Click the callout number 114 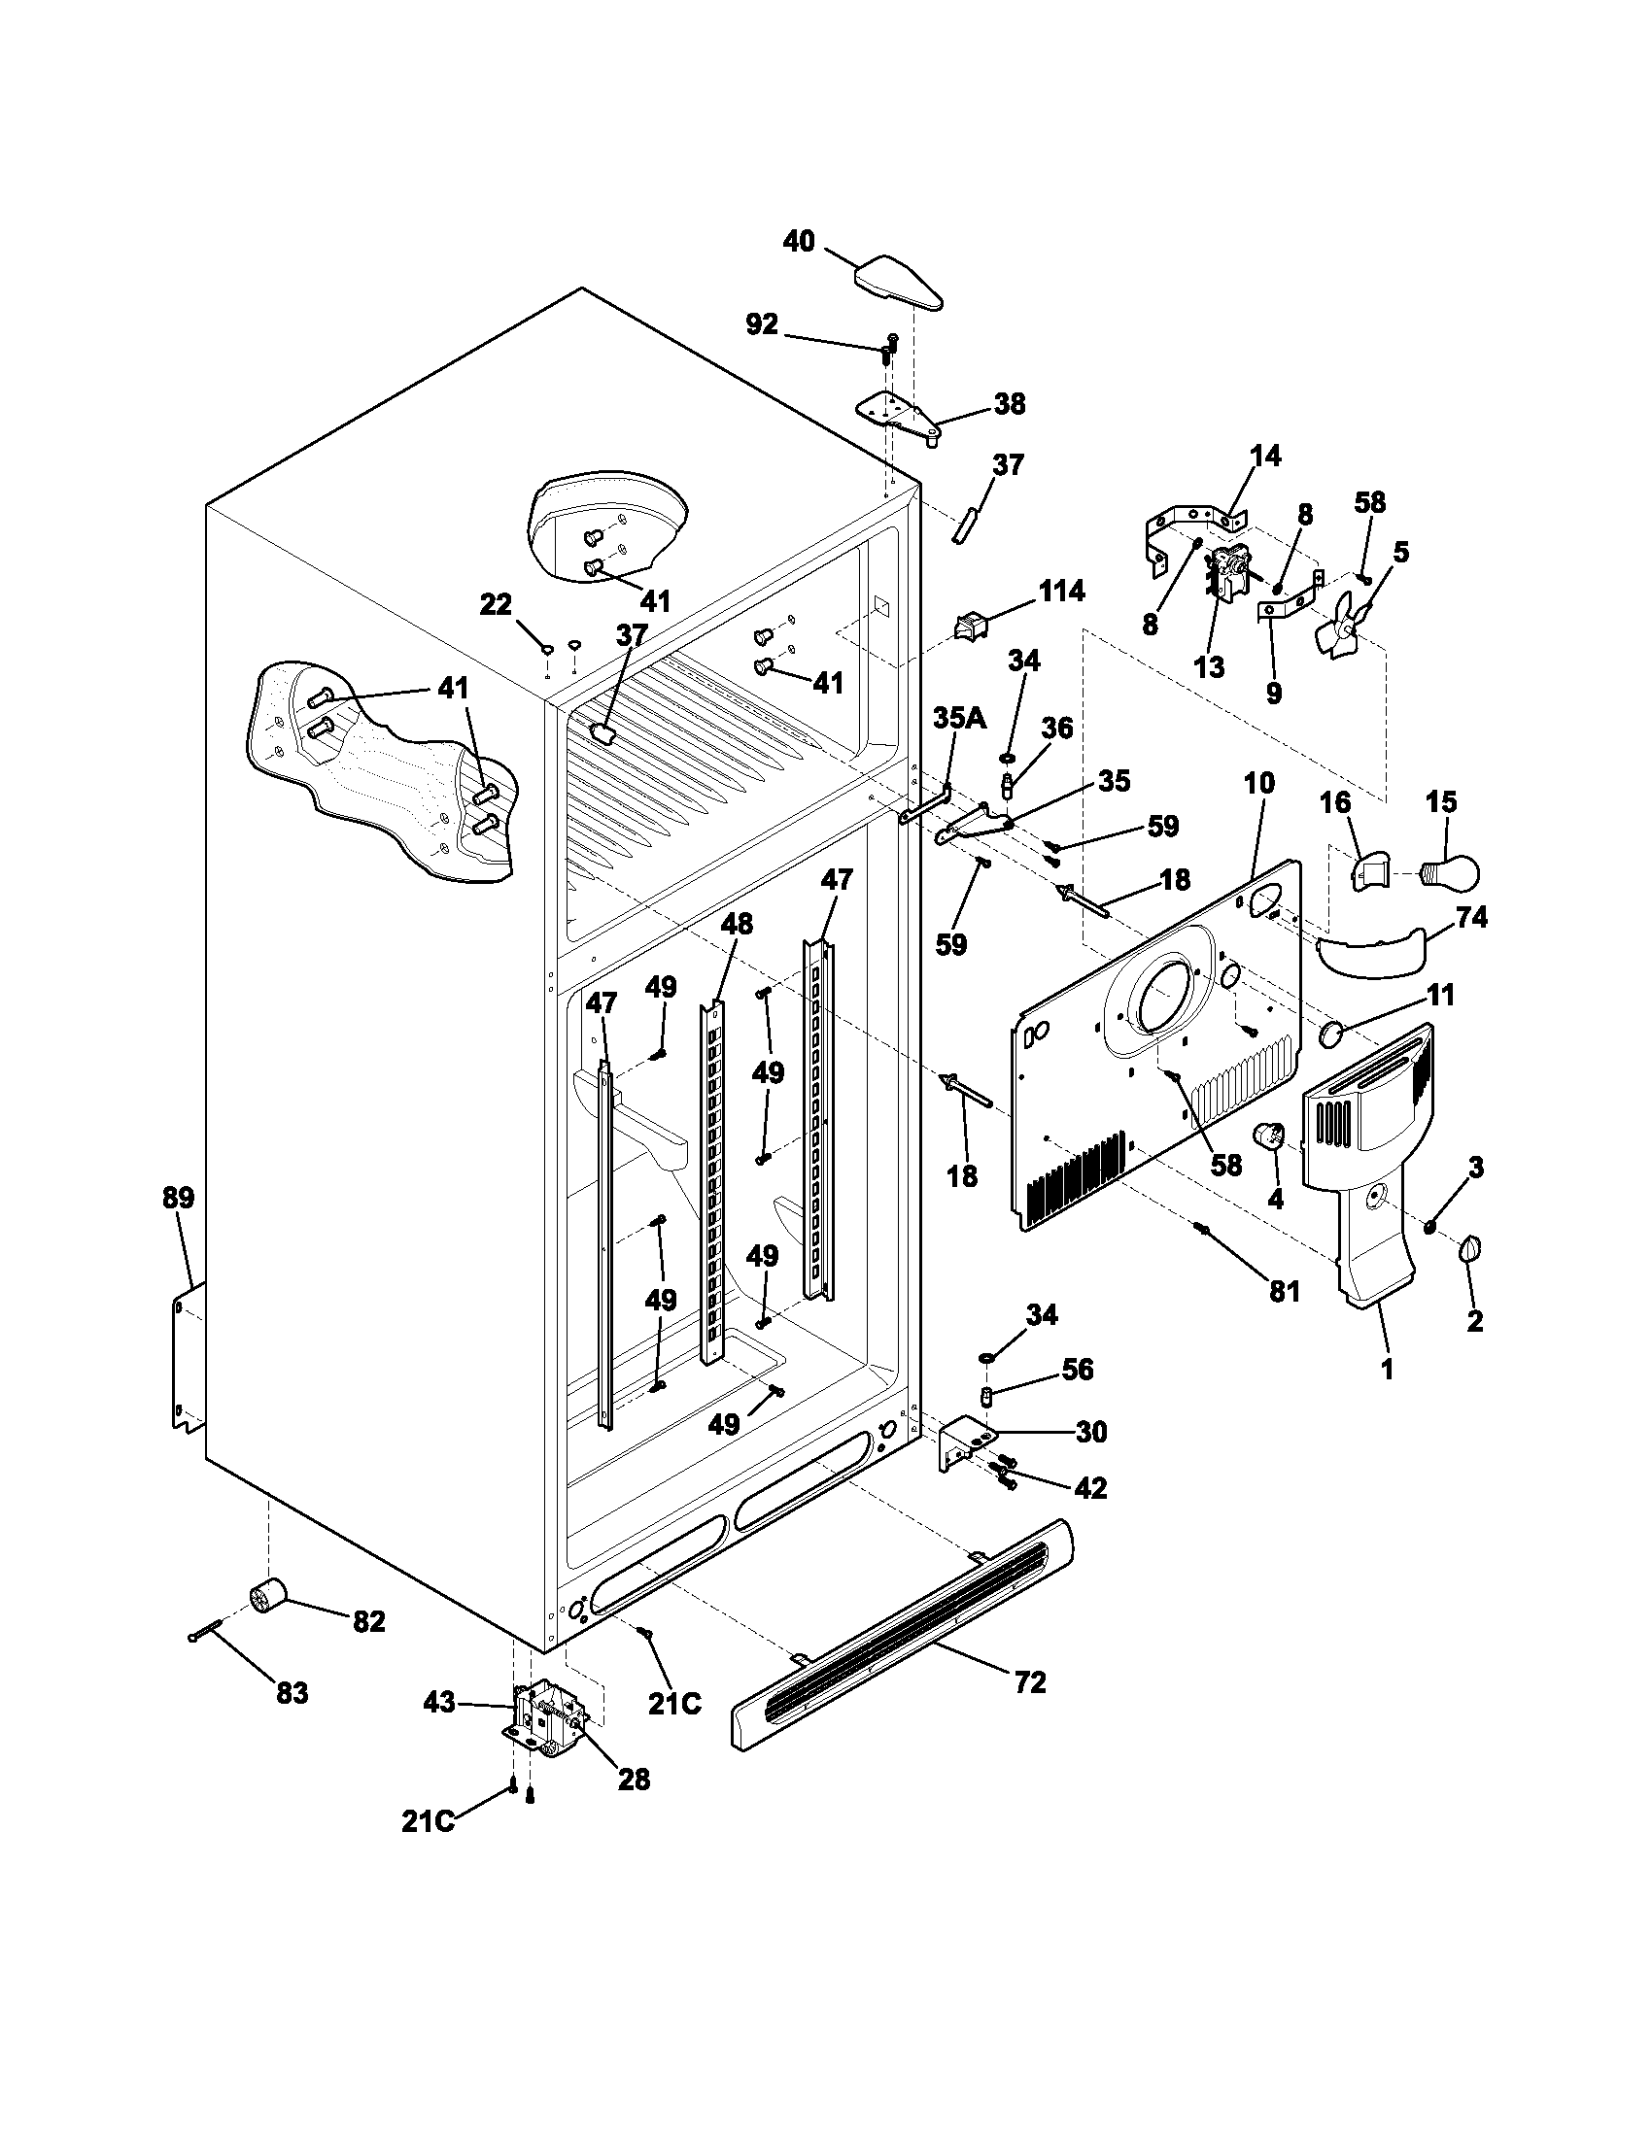(1061, 591)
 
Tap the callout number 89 (178, 1198)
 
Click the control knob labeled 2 (1471, 1248)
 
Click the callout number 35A (959, 718)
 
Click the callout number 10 (1259, 783)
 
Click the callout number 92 (762, 324)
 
